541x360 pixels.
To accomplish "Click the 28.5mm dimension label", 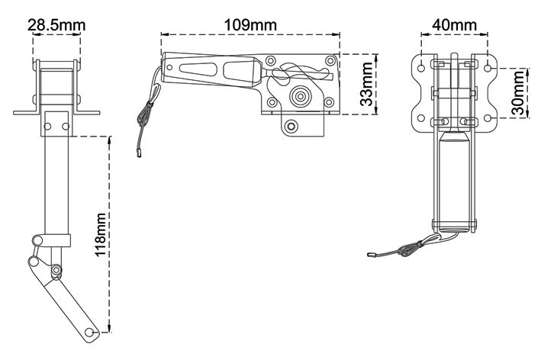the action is [x=56, y=25].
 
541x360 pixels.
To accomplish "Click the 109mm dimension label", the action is [x=250, y=25].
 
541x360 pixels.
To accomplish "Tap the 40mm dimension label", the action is [x=455, y=25].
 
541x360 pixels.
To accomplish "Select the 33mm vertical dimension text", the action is [x=366, y=84].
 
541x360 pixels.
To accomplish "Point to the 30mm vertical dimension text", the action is [x=517, y=93].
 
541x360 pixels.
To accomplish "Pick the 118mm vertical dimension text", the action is [x=101, y=234].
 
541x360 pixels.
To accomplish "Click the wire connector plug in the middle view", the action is [x=140, y=153].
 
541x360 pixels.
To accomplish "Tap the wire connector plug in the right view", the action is [x=372, y=256].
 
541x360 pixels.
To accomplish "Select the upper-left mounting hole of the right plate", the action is [x=421, y=68].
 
